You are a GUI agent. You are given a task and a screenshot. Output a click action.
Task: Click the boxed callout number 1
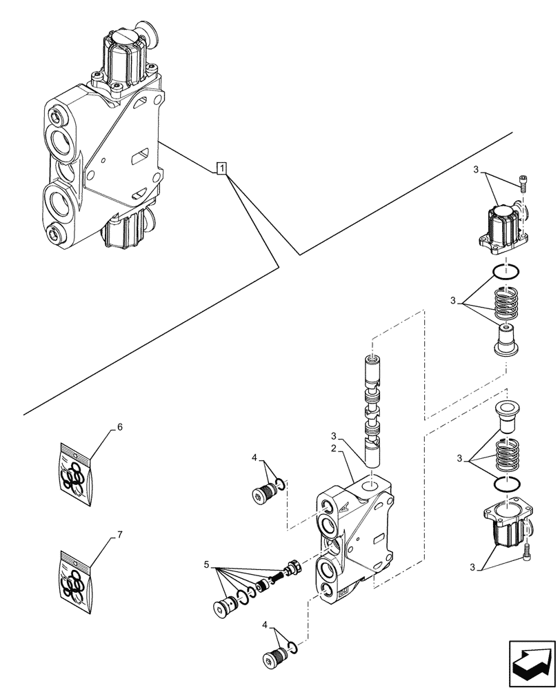tap(221, 168)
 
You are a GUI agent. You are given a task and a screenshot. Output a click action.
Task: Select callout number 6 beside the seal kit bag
tap(119, 428)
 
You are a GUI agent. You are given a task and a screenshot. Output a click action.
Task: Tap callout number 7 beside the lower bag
tap(119, 535)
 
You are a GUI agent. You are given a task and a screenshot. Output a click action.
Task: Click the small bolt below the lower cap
tap(527, 551)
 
